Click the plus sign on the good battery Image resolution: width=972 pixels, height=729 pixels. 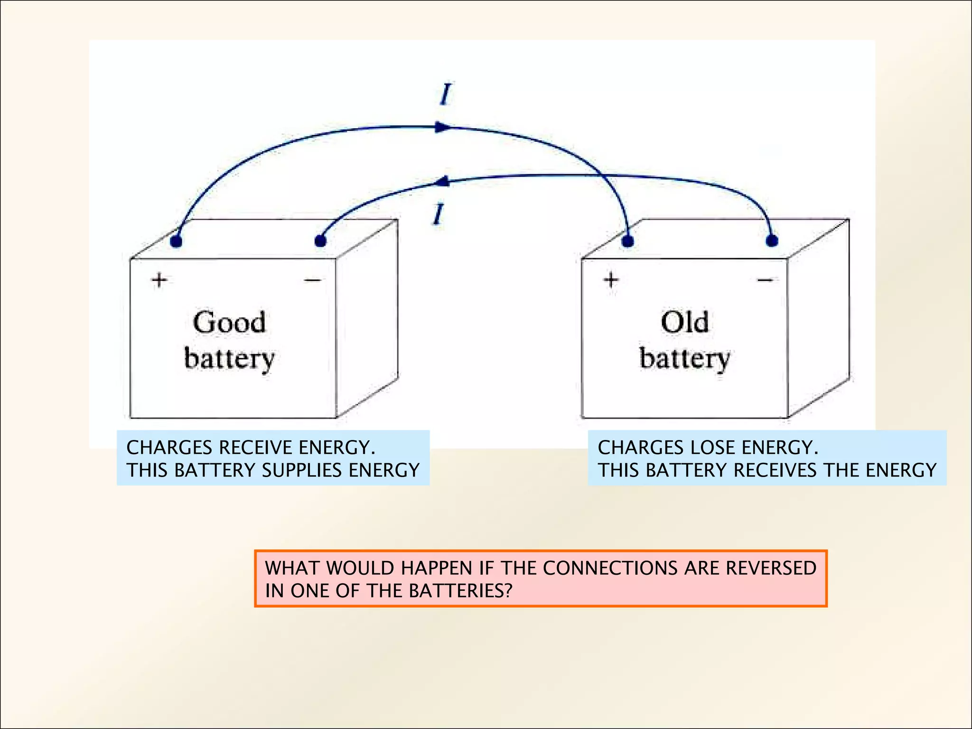tap(159, 280)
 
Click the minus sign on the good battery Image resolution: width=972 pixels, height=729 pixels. tap(313, 280)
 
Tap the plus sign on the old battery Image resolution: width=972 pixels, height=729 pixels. tap(611, 280)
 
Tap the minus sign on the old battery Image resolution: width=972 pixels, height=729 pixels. tap(765, 280)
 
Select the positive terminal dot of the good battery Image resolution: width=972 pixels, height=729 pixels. tap(176, 241)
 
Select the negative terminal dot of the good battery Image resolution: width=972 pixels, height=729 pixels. tap(320, 241)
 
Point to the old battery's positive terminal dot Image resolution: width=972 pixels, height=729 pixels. tap(628, 241)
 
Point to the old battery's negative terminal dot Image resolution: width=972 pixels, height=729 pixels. tap(772, 241)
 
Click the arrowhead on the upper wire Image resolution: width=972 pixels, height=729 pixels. tap(442, 127)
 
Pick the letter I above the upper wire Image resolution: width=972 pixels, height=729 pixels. tap(445, 94)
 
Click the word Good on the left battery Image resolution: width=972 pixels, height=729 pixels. tap(229, 323)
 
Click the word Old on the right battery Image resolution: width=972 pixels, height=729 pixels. tap(685, 323)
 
